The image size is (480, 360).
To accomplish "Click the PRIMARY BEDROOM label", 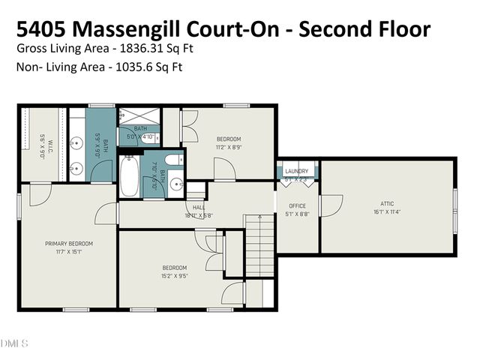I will [x=68, y=244].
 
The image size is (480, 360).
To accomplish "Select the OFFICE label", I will [x=297, y=205].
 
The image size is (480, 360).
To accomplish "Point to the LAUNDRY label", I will [x=297, y=172].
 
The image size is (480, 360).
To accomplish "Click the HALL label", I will [x=199, y=208].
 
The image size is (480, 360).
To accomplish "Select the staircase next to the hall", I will [x=259, y=244].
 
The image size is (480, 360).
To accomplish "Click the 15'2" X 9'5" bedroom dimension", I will [x=175, y=275].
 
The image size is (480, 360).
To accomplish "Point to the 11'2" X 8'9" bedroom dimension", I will [x=229, y=147].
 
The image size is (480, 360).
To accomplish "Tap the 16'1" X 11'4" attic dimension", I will [x=386, y=211].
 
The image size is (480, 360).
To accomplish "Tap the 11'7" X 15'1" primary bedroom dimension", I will [x=68, y=252].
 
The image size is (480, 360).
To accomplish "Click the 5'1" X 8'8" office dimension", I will [x=297, y=214].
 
